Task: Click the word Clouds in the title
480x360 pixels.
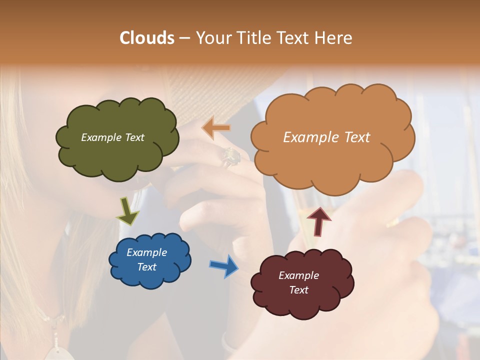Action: click(x=147, y=38)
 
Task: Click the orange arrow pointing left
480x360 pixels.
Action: click(x=216, y=128)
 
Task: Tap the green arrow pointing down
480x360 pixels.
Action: click(x=127, y=210)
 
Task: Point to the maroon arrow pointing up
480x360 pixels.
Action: click(x=318, y=220)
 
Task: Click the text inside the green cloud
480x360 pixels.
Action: click(x=112, y=137)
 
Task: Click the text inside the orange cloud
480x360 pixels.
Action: click(x=326, y=137)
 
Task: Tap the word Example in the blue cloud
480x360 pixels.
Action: click(x=146, y=252)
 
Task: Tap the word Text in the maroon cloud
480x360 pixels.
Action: click(x=299, y=290)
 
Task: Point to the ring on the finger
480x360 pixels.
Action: click(x=231, y=157)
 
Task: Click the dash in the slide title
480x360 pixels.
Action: click(x=184, y=38)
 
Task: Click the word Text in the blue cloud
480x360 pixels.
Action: click(x=146, y=267)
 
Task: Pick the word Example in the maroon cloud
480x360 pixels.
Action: click(x=299, y=275)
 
